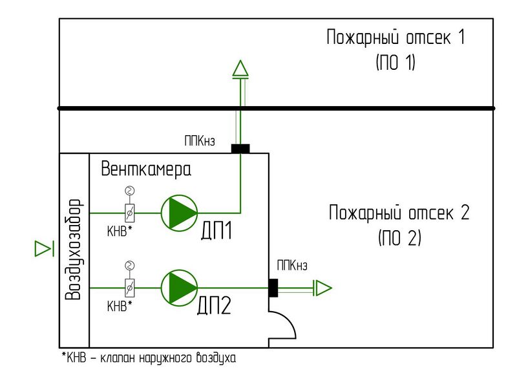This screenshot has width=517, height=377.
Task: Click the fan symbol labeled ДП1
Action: click(179, 213)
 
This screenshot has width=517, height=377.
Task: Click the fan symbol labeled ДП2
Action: click(179, 287)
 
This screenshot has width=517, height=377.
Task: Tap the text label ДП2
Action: click(215, 305)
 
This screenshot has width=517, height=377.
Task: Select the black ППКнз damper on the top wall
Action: click(240, 149)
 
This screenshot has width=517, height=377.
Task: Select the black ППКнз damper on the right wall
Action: click(273, 287)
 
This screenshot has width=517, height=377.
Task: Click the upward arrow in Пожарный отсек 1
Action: click(240, 68)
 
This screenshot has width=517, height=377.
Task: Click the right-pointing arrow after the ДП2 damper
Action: click(322, 287)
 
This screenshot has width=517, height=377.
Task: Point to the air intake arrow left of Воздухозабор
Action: click(43, 248)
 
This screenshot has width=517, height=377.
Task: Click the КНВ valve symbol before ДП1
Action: click(129, 213)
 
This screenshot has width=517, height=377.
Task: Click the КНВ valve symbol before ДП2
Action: click(129, 287)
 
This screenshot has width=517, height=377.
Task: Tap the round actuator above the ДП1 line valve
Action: click(129, 190)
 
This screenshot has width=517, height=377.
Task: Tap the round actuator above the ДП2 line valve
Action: click(129, 264)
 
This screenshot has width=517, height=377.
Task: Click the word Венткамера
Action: click(146, 170)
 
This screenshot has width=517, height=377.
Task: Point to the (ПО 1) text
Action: click(396, 63)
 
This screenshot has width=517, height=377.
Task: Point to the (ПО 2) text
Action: click(399, 238)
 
